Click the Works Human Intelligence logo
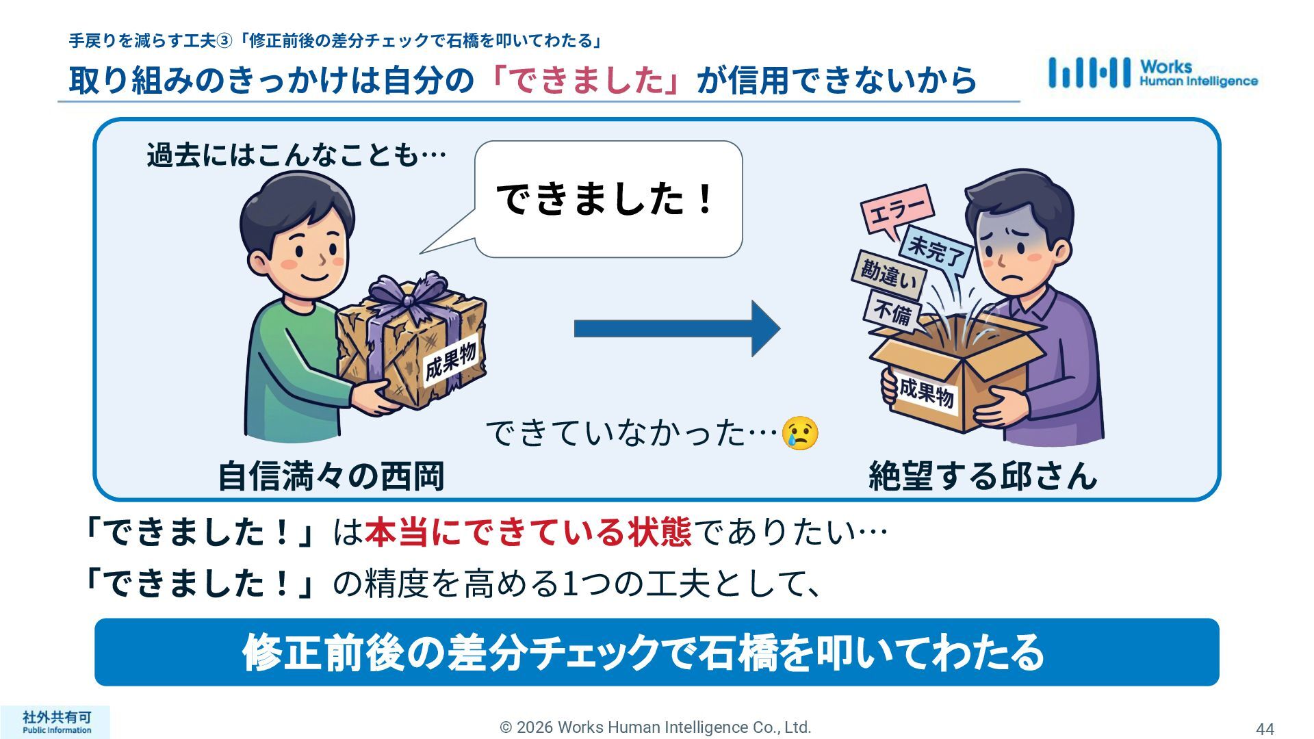(x=1152, y=73)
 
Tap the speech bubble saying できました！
(x=608, y=199)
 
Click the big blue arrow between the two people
(x=676, y=328)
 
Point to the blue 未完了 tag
(x=936, y=250)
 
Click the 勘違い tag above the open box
(x=888, y=274)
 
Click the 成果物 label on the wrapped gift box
(x=450, y=362)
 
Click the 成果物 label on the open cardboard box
(x=926, y=392)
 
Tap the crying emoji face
(x=800, y=432)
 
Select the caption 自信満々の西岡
(x=331, y=476)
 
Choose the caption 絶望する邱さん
(x=982, y=476)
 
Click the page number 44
(x=1265, y=729)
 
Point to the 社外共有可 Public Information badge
(x=56, y=722)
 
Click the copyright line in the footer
(x=655, y=727)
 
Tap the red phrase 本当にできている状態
(x=528, y=533)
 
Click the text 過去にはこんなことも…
(x=296, y=155)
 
